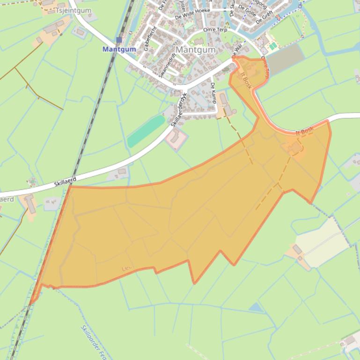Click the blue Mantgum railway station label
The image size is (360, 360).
[119, 49]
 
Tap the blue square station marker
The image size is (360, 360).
[119, 40]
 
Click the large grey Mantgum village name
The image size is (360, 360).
[196, 50]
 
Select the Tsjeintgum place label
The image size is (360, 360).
[73, 10]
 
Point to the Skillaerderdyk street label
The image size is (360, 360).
[176, 113]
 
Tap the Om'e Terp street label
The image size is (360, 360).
[215, 30]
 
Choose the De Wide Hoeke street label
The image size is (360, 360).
[192, 16]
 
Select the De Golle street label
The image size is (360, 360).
[246, 9]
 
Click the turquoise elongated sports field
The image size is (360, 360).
[146, 131]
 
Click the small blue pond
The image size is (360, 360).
[256, 307]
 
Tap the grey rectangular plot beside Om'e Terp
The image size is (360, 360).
[284, 59]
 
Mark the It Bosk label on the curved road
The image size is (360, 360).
[304, 132]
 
